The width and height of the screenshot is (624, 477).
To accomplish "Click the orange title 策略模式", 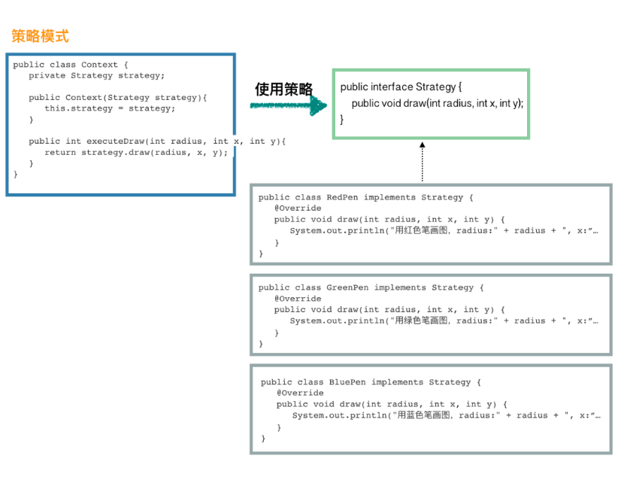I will click(40, 36).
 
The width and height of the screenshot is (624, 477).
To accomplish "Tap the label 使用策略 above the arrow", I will click(283, 89).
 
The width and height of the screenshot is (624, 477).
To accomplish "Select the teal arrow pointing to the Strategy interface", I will click(289, 106).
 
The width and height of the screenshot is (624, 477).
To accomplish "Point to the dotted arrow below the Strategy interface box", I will click(422, 162).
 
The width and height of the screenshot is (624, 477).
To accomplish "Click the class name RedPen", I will click(342, 198).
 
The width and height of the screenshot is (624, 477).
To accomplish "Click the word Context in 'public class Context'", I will click(99, 65).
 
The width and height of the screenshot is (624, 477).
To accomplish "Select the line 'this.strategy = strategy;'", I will click(110, 108).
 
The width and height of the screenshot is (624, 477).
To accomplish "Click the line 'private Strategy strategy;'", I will click(96, 75).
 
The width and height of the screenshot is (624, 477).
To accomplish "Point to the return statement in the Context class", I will click(136, 153).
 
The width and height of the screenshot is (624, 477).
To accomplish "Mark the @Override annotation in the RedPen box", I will click(298, 208).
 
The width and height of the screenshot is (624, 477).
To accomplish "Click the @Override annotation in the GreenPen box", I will click(298, 299).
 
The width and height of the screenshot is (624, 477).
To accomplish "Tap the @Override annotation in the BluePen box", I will click(300, 393).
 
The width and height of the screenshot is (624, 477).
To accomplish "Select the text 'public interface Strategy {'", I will click(401, 87).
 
